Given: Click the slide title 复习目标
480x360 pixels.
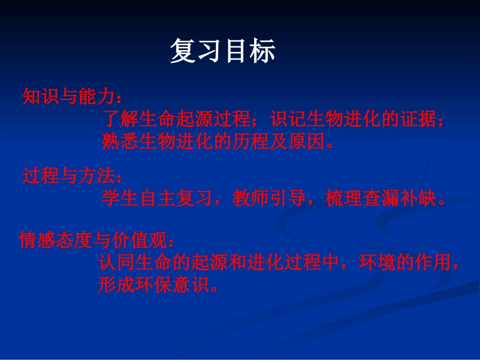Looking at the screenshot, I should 223,52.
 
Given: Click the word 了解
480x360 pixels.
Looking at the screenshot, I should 120,119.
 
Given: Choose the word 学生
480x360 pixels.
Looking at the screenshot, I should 120,199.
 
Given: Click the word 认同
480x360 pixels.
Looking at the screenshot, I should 117,264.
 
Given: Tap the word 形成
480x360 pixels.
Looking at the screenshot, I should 117,286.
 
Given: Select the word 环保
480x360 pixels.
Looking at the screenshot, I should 155,286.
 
